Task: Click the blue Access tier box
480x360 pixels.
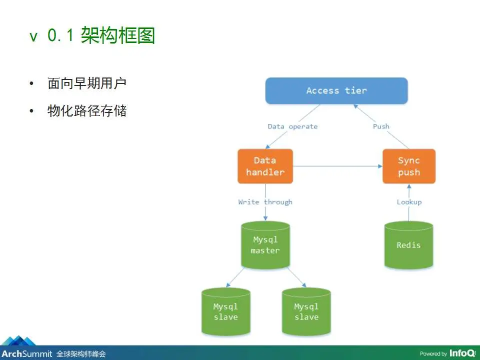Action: click(336, 90)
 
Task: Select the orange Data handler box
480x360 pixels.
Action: click(265, 166)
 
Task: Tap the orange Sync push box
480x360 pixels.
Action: click(409, 166)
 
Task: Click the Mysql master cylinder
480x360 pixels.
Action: click(265, 245)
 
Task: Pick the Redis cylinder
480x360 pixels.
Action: click(408, 245)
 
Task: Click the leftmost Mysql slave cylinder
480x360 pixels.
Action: click(226, 311)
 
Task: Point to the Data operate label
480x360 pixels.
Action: click(292, 126)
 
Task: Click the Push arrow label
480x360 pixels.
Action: click(381, 126)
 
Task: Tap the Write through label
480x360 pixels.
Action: click(265, 202)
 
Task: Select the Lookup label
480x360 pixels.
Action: click(409, 202)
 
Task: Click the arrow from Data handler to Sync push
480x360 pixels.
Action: click(337, 166)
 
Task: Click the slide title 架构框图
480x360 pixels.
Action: click(118, 35)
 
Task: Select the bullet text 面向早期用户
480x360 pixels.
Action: click(87, 83)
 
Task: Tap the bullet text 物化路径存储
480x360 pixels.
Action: click(87, 111)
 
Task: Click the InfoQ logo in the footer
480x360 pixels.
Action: click(462, 353)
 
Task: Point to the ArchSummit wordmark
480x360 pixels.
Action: click(27, 354)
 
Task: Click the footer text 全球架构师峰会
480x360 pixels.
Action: click(81, 354)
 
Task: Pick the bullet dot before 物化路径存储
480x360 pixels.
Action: click(31, 111)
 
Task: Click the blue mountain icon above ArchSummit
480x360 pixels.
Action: click(19, 340)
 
